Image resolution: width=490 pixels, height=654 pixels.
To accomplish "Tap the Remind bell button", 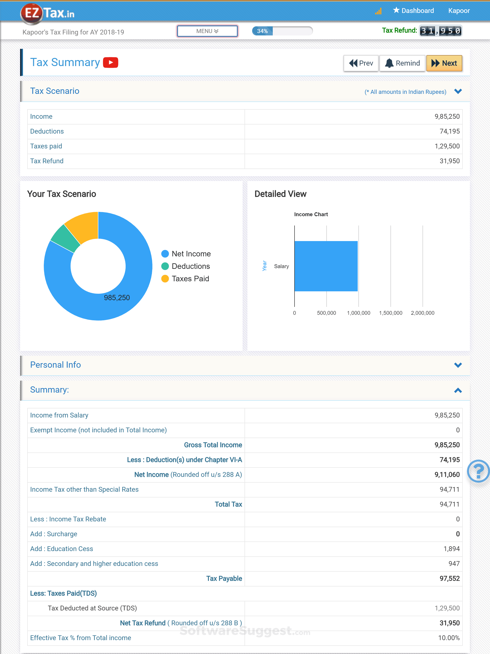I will pos(402,63).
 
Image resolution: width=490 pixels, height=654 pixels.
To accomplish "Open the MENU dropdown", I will pos(207,31).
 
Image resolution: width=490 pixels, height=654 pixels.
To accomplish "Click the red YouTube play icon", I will pos(111,62).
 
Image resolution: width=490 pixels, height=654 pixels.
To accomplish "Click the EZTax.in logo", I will pos(47,13).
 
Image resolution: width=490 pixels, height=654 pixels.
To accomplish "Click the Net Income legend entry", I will pos(186,254).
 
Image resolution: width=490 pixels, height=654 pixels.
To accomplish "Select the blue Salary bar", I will pos(326,266).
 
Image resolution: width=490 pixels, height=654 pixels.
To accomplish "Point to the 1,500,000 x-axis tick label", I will pos(390,313).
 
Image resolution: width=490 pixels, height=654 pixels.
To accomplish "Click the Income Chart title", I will pos(311,214).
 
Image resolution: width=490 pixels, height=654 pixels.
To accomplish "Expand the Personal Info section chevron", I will pos(458,365).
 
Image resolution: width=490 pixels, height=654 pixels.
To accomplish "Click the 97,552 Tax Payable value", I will pos(450,578).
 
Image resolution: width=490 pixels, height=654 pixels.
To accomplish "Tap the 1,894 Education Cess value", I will pos(451,549).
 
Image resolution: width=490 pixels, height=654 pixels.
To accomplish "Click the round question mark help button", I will pos(478,471).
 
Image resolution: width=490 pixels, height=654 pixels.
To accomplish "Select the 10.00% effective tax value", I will pos(449,638).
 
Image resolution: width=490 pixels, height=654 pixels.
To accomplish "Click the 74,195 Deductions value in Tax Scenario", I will pos(450,131).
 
